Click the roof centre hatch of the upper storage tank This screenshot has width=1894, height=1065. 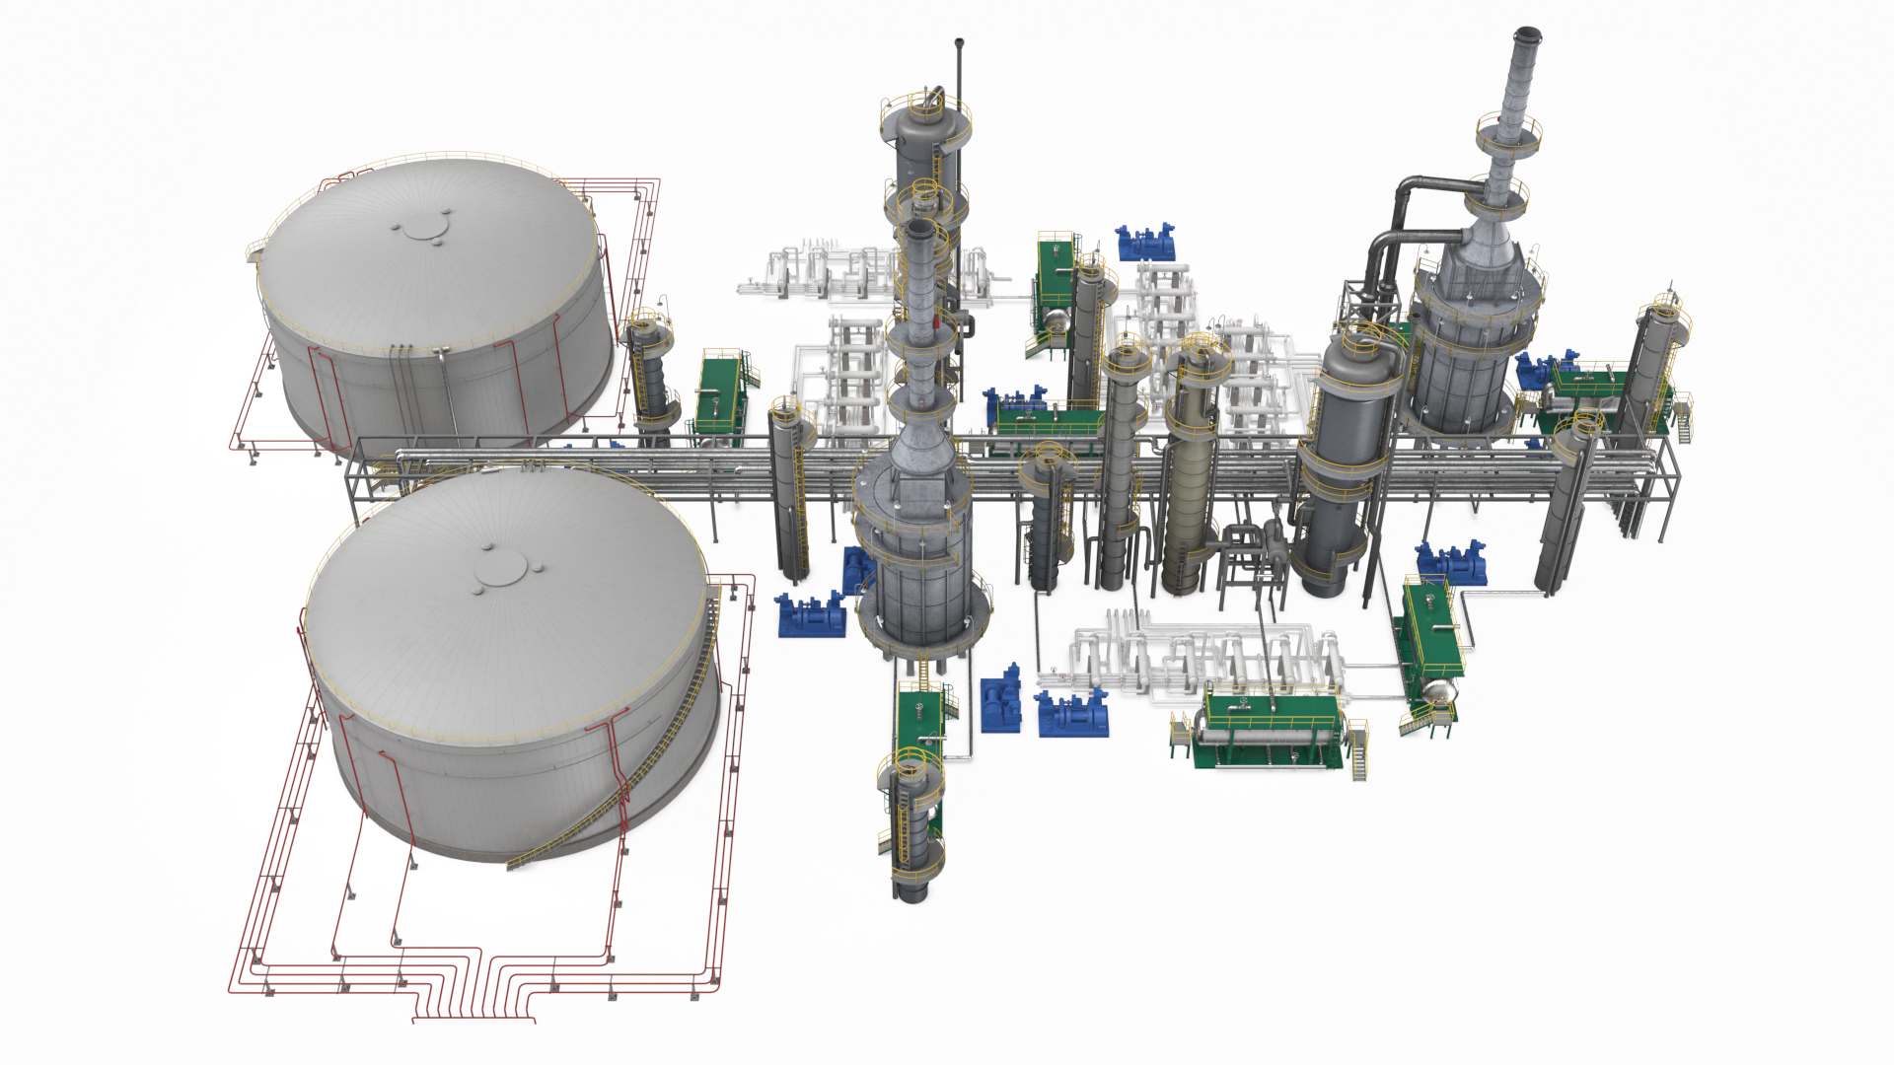tap(425, 229)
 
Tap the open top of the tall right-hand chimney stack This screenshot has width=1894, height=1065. tap(1528, 35)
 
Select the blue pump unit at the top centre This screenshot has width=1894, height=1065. tap(1145, 242)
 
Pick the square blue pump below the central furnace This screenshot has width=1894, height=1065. tap(1001, 702)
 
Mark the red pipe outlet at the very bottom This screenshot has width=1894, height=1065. tap(473, 1018)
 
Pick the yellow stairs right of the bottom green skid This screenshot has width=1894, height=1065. tap(1359, 754)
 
